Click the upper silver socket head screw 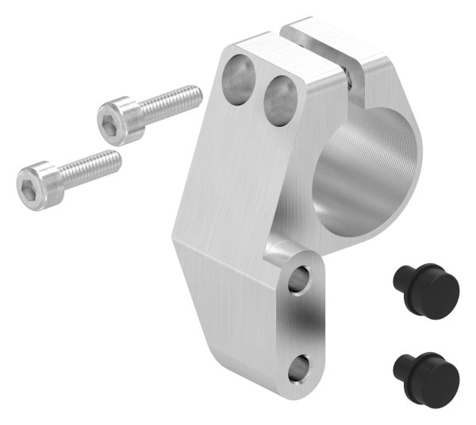click(147, 111)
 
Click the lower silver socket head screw click(67, 170)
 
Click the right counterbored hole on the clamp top click(278, 99)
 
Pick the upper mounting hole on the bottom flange click(300, 279)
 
